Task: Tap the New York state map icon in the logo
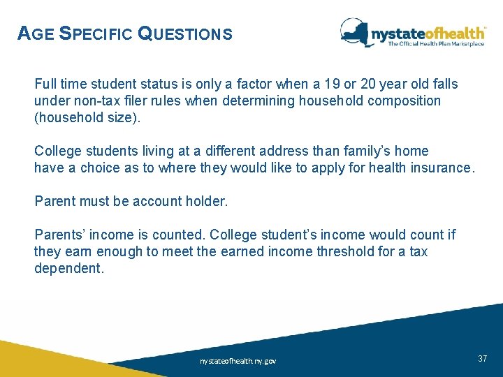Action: tap(356, 31)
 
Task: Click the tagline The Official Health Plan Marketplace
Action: tap(436, 44)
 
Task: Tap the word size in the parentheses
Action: tap(124, 118)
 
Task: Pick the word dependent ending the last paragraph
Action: tap(68, 269)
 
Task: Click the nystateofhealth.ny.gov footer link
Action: tap(238, 361)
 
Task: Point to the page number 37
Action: tap(482, 358)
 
